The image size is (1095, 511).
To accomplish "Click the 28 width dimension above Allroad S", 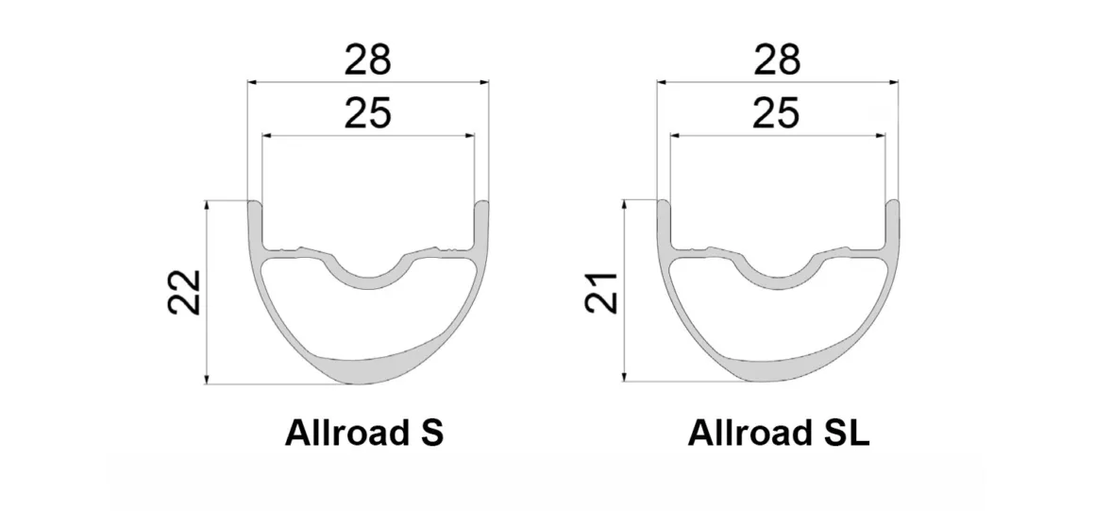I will tap(367, 60).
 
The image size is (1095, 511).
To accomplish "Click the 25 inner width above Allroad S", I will tap(367, 114).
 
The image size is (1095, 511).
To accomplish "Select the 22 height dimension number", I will tap(184, 292).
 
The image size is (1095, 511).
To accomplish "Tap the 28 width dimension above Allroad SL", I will tap(777, 60).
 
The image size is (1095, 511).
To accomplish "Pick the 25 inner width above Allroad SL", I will tap(777, 114).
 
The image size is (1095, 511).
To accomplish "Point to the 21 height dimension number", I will tap(602, 292).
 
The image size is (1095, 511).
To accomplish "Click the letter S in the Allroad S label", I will tap(430, 434).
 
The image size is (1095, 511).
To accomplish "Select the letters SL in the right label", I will tap(844, 434).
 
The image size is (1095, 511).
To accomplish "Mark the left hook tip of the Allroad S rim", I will tap(254, 204).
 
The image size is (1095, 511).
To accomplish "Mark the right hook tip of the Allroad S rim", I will tap(481, 204).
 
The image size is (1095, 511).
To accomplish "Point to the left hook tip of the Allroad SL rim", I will tap(664, 204).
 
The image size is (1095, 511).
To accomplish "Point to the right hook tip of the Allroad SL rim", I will tap(892, 204).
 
